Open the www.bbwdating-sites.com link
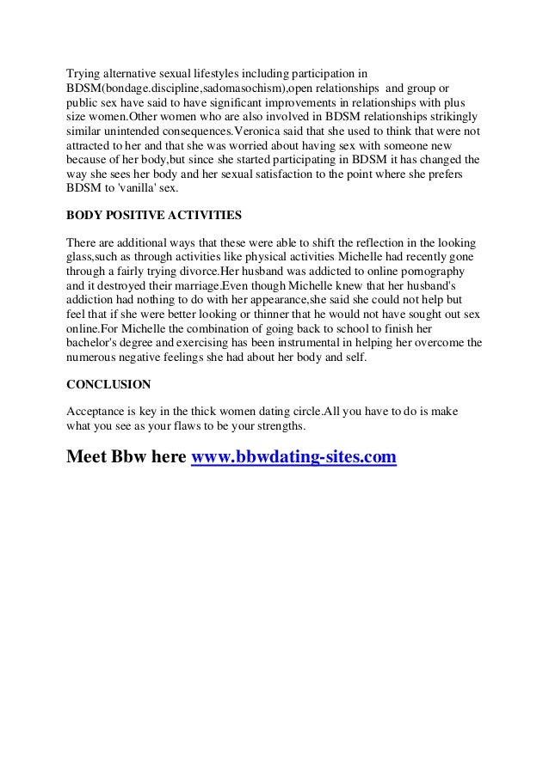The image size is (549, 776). click(x=293, y=456)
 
